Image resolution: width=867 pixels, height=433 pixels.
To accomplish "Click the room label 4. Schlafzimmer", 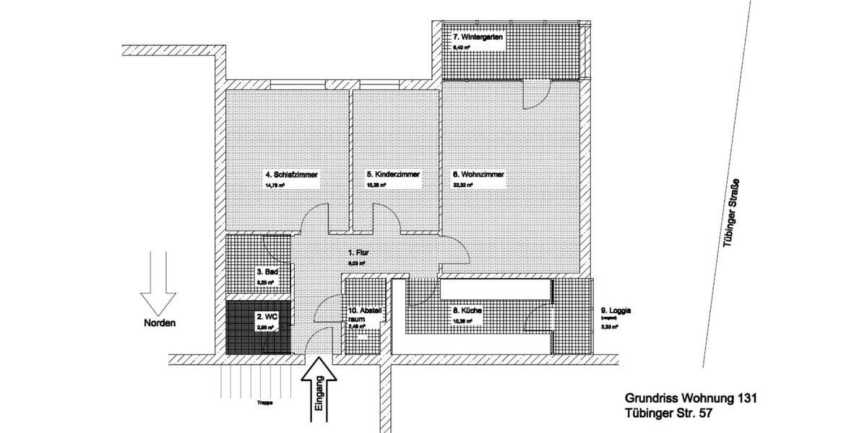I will pos(293,175).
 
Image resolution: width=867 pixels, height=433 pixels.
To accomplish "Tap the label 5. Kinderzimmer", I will pos(392,175).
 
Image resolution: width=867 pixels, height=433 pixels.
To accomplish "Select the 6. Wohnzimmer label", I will pos(478,175).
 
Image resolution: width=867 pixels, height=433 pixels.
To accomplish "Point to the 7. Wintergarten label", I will pos(478,37).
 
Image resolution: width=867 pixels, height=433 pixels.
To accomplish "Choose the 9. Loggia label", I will pos(616,311).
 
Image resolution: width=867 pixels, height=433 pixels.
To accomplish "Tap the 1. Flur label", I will pos(359,253).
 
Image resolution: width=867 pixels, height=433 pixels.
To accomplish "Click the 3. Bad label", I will pos(269,272).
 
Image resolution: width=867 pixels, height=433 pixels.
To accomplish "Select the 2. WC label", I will pos(267,316).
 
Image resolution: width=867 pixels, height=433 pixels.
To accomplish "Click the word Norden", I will pos(159,323).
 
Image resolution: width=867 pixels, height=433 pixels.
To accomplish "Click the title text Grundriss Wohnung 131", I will pos(690,398).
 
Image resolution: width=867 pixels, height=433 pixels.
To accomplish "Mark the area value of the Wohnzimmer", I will pos(463,185).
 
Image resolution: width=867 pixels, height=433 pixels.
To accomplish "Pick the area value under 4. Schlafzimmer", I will pos(275,185).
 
